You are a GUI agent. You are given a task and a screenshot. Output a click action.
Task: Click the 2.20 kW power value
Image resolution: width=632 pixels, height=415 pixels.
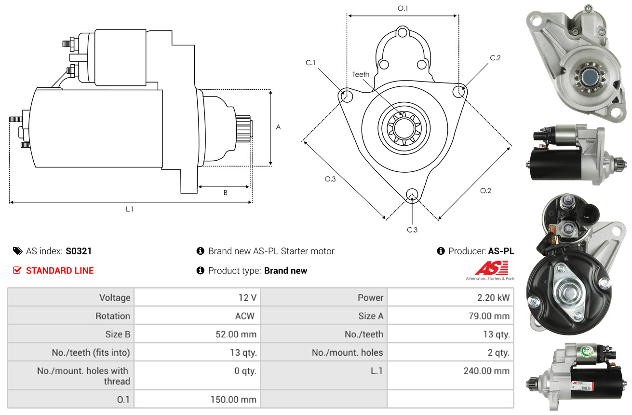(x=493, y=298)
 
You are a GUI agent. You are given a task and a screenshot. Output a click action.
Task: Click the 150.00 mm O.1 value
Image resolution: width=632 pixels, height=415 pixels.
(x=233, y=400)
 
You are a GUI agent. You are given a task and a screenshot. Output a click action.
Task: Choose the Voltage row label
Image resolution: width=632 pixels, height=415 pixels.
(x=115, y=298)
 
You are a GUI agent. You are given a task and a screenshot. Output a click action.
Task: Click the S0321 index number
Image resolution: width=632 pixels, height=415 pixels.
(x=79, y=251)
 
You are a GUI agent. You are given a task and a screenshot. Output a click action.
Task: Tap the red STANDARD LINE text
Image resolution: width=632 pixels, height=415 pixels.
(x=60, y=271)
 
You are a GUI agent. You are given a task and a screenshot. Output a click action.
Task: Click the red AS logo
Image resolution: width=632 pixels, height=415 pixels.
(x=491, y=268)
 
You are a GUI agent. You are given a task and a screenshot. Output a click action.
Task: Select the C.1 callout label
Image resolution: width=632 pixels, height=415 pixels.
(x=310, y=63)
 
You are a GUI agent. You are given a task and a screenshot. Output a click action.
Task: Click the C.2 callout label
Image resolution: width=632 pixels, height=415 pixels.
(x=495, y=58)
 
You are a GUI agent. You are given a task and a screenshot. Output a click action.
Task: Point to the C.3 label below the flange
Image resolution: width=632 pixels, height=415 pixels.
(x=412, y=230)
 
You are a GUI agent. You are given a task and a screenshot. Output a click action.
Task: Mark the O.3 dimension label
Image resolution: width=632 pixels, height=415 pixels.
(x=330, y=179)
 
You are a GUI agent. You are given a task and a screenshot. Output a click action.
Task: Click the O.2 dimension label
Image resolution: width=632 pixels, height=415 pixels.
(x=485, y=191)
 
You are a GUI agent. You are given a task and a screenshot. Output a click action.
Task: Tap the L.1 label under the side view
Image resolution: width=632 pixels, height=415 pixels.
(x=129, y=209)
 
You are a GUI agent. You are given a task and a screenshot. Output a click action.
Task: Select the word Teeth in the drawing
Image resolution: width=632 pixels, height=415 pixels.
(x=361, y=74)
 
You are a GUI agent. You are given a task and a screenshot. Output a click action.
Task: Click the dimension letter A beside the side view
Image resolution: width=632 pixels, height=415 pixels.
(x=278, y=127)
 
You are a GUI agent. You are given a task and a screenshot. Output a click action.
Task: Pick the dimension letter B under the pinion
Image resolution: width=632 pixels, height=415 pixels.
(x=225, y=193)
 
